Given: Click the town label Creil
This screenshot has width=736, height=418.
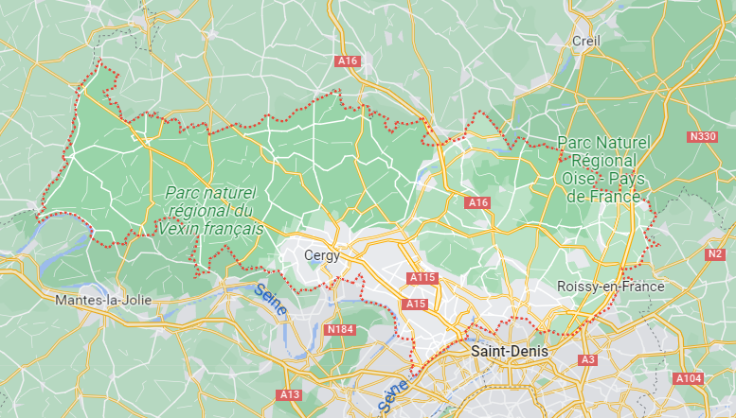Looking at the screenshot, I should [586, 41].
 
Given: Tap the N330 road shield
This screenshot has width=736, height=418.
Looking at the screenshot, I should [703, 137].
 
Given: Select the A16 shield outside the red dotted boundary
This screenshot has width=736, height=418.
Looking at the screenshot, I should [348, 61].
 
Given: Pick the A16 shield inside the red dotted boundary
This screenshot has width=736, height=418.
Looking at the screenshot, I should [477, 202].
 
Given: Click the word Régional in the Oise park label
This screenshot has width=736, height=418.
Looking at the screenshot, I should [603, 161].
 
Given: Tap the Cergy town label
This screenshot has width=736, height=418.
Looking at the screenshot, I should [322, 255].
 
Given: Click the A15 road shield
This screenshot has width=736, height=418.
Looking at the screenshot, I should [414, 304].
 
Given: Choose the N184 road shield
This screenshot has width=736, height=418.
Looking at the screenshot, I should [338, 329].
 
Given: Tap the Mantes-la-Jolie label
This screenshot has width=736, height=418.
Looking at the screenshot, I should [103, 301].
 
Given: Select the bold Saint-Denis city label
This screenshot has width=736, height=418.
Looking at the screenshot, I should [509, 351].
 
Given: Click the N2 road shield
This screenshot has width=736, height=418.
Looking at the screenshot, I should [715, 253].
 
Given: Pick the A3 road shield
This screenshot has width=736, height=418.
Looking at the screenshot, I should [587, 360].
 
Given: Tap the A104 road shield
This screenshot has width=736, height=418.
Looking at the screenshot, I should [688, 378].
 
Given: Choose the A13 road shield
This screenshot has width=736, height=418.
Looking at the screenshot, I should [289, 393].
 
